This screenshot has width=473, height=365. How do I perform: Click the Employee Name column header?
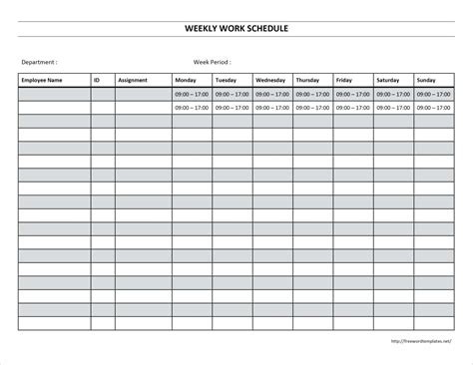(41, 79)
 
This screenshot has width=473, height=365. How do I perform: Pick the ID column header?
(97, 79)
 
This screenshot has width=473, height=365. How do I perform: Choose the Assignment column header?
(133, 79)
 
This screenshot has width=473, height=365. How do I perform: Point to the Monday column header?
(186, 79)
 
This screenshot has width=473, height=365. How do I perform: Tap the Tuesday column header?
(227, 79)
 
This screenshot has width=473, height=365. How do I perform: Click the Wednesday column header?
(270, 79)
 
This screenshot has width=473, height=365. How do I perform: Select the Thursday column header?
(307, 79)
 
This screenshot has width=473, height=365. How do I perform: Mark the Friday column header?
(344, 79)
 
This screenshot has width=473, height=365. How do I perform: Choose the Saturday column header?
(388, 79)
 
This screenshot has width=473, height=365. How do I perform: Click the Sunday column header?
(426, 79)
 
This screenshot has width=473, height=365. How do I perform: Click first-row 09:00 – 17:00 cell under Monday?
(191, 94)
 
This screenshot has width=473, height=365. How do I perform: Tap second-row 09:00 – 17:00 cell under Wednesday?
(271, 107)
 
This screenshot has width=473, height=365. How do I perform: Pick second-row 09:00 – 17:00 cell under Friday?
(352, 107)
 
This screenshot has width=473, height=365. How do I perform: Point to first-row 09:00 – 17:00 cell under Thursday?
(312, 94)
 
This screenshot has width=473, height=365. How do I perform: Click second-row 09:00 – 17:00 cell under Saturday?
(393, 107)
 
